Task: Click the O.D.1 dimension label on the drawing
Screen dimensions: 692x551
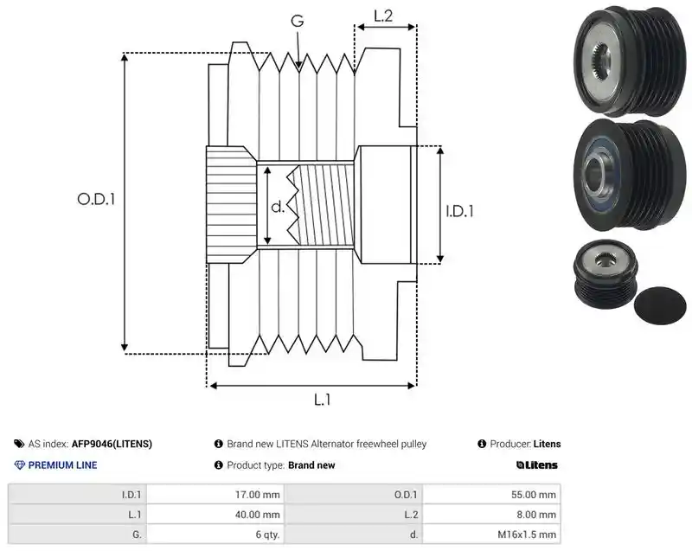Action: pyautogui.click(x=96, y=200)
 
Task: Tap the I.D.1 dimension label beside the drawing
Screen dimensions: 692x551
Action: pyautogui.click(x=459, y=211)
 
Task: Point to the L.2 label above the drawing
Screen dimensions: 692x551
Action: pyautogui.click(x=383, y=16)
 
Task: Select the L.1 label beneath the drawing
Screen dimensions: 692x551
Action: pyautogui.click(x=322, y=400)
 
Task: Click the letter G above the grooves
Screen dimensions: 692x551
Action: pyautogui.click(x=298, y=21)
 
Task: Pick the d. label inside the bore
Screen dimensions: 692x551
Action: pyautogui.click(x=278, y=206)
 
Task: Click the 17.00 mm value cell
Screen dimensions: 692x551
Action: pyautogui.click(x=215, y=495)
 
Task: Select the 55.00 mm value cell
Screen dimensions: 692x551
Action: pyautogui.click(x=491, y=495)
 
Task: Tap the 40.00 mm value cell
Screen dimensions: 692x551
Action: pyautogui.click(x=215, y=515)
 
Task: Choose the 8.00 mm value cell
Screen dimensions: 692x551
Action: pyautogui.click(x=491, y=515)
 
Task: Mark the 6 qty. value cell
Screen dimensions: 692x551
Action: pyautogui.click(x=215, y=535)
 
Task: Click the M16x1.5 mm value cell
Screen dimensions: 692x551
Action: pyautogui.click(x=491, y=535)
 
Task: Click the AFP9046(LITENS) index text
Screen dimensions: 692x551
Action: pyautogui.click(x=112, y=444)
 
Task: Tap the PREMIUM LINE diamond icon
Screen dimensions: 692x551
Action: pyautogui.click(x=19, y=465)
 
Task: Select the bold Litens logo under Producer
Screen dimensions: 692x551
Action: pyautogui.click(x=536, y=465)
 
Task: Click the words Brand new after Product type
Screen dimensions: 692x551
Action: pyautogui.click(x=311, y=465)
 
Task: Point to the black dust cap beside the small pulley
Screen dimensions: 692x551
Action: pyautogui.click(x=660, y=305)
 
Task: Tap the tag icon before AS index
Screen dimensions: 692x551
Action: pyautogui.click(x=19, y=444)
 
